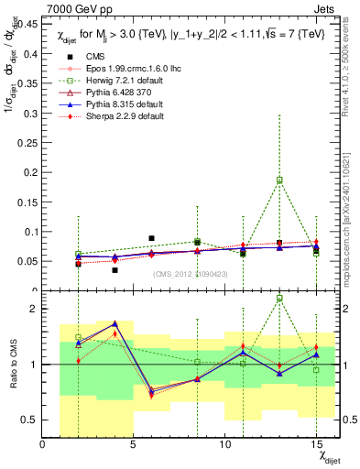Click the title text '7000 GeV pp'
(x=79, y=10)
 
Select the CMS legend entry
(x=96, y=56)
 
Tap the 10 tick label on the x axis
(x=224, y=444)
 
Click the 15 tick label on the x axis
(x=316, y=444)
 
